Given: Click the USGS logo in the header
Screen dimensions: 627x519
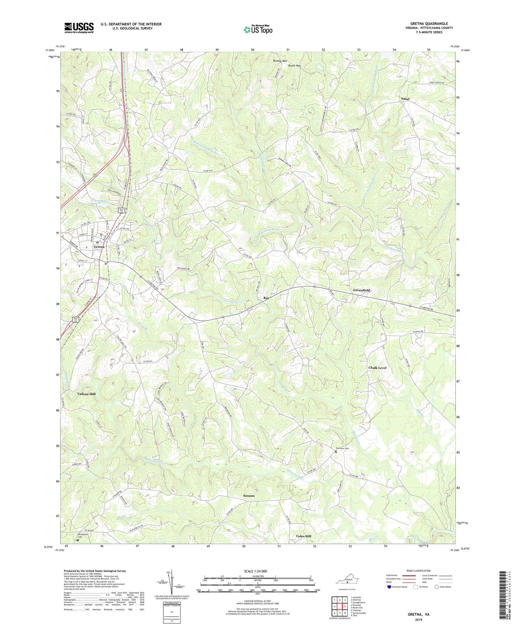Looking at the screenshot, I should tap(79, 28).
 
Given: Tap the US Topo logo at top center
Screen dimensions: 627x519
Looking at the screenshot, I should tap(258, 29).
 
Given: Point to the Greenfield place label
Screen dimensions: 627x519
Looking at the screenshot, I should tap(361, 290).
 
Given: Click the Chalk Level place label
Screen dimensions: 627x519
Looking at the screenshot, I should tap(377, 368).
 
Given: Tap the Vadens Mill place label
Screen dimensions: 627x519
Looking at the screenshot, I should tap(86, 394).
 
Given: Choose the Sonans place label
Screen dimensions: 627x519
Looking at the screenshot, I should tap(249, 496).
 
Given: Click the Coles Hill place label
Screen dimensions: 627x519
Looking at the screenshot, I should tap(303, 536).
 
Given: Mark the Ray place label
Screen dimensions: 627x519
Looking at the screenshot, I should tap(266, 298).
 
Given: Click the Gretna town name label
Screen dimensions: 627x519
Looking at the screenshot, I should tap(99, 247).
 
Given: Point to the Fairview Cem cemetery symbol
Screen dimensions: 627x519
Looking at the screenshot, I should tap(336, 452).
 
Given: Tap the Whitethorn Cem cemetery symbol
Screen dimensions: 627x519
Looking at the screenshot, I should tap(78, 540).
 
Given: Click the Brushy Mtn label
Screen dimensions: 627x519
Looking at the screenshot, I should tap(280, 61).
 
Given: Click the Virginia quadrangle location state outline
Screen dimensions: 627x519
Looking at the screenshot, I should tap(347, 581).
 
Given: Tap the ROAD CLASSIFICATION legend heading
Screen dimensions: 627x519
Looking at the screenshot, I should tap(418, 571).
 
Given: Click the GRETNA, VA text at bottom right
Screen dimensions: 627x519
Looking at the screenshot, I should tap(418, 614).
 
